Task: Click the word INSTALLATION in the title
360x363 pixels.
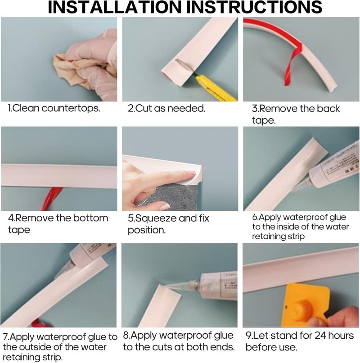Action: [114, 7]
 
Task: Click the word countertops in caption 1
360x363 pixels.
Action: [71, 108]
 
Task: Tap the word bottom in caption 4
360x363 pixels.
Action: [90, 218]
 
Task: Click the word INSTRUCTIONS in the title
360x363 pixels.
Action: [254, 7]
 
